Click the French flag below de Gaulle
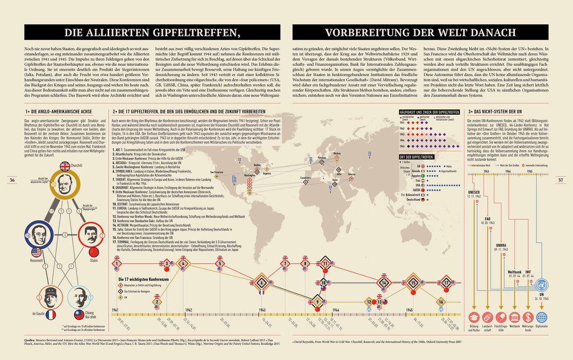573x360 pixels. tap(51, 314)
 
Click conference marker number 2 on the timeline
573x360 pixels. tap(157, 302)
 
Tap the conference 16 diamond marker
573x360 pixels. tap(441, 302)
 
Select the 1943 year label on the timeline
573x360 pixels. tap(262, 310)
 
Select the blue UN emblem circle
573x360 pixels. tap(542, 286)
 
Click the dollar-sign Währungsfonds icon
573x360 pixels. tap(528, 318)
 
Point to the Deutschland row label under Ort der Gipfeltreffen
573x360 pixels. tap(413, 214)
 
